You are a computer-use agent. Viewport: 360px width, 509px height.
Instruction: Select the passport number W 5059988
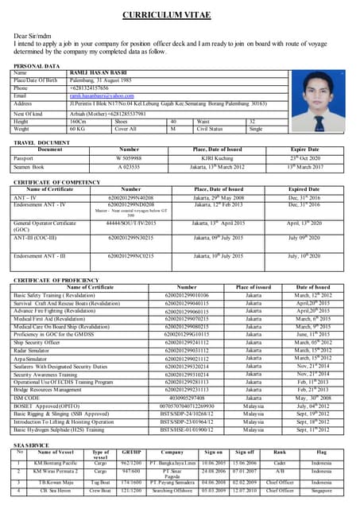coord(129,157)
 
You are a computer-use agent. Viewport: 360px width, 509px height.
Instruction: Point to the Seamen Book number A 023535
coord(129,166)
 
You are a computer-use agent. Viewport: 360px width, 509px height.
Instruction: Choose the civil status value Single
coord(255,128)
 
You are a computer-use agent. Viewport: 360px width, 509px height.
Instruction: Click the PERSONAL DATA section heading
coord(37,65)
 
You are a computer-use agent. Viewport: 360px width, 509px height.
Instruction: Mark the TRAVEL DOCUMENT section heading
coord(42,142)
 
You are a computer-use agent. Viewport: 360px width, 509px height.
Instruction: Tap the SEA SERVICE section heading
coord(32,445)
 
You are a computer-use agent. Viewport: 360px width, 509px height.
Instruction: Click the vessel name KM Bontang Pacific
coord(56,462)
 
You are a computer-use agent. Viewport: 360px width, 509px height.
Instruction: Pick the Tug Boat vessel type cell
coord(101,482)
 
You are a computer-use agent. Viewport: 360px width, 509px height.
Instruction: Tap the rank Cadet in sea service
coord(280,462)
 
